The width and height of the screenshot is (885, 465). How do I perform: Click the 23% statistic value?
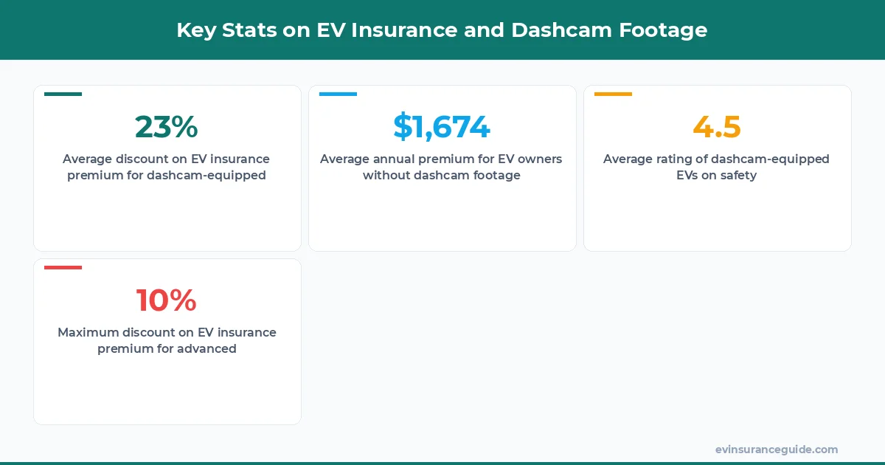tap(167, 127)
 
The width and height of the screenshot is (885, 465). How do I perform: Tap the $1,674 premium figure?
tap(442, 127)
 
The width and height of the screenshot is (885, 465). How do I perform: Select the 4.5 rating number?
tap(717, 127)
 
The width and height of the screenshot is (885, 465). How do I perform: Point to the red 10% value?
tap(167, 300)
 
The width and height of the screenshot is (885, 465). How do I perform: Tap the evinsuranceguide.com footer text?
tap(777, 449)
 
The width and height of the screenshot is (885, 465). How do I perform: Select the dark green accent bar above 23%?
tap(63, 94)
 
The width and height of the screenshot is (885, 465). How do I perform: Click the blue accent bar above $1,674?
tap(338, 94)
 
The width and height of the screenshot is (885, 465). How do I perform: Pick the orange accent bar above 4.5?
tap(613, 94)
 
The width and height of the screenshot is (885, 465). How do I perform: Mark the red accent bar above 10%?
tap(63, 267)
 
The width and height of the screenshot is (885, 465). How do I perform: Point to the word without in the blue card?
tap(386, 176)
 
